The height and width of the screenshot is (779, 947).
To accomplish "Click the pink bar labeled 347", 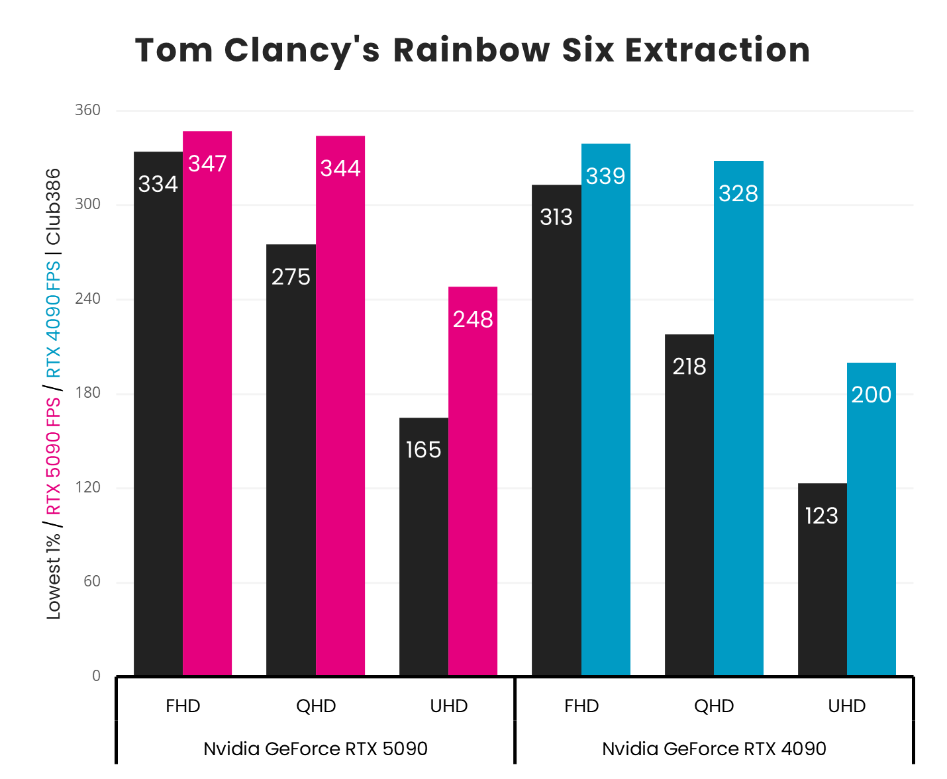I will click(x=207, y=403).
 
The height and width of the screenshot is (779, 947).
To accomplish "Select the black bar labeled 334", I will click(x=158, y=414).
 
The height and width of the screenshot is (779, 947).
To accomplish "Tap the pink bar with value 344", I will click(x=340, y=405).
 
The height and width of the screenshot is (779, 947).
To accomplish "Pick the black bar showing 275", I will click(x=291, y=460).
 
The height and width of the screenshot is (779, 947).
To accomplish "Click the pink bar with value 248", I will click(x=473, y=481).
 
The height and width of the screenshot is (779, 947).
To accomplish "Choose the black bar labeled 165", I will click(x=424, y=547).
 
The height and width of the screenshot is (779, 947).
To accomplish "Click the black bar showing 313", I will click(x=556, y=430).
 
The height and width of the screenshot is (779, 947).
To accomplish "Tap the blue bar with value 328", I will click(x=738, y=418).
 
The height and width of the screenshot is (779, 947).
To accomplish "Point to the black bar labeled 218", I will click(x=689, y=505).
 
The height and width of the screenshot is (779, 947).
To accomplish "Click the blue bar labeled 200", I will click(x=871, y=519).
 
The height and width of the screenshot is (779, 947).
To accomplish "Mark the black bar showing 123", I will click(x=822, y=579).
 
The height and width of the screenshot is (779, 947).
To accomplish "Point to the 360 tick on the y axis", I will click(x=87, y=110).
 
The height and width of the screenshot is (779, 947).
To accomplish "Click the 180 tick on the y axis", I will click(x=87, y=393).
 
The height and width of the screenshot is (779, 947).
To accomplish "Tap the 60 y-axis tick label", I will click(x=91, y=582).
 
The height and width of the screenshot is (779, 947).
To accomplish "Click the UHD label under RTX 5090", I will click(x=449, y=706).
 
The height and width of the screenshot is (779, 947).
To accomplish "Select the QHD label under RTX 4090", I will click(x=714, y=706).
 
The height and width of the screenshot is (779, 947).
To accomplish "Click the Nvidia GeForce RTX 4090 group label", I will click(x=714, y=749).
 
